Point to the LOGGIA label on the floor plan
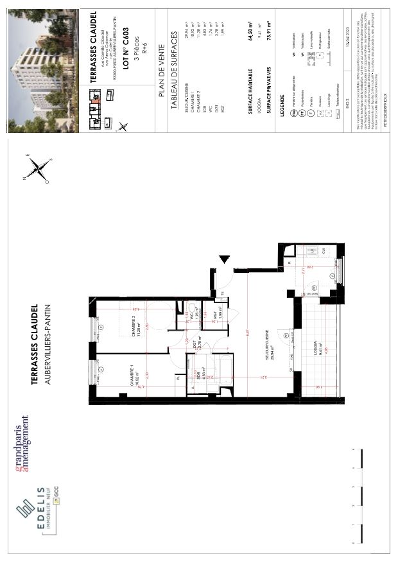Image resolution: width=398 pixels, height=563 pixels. [x=315, y=348]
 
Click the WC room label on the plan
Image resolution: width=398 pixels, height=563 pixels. [x=192, y=316]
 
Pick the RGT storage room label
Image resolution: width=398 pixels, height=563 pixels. [x=217, y=315]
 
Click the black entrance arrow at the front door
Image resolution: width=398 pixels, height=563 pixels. [x=224, y=259]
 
